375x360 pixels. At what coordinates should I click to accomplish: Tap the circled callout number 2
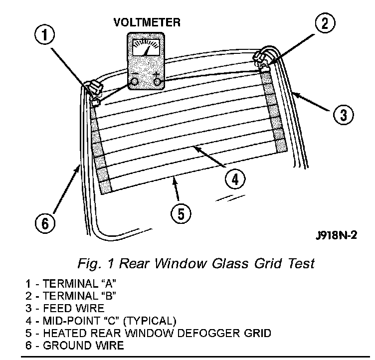pyautogui.click(x=325, y=24)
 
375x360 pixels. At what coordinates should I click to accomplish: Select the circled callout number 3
pyautogui.click(x=344, y=115)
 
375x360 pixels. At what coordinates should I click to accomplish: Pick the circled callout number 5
pyautogui.click(x=181, y=214)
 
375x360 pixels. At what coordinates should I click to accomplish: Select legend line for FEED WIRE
pyautogui.click(x=65, y=308)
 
